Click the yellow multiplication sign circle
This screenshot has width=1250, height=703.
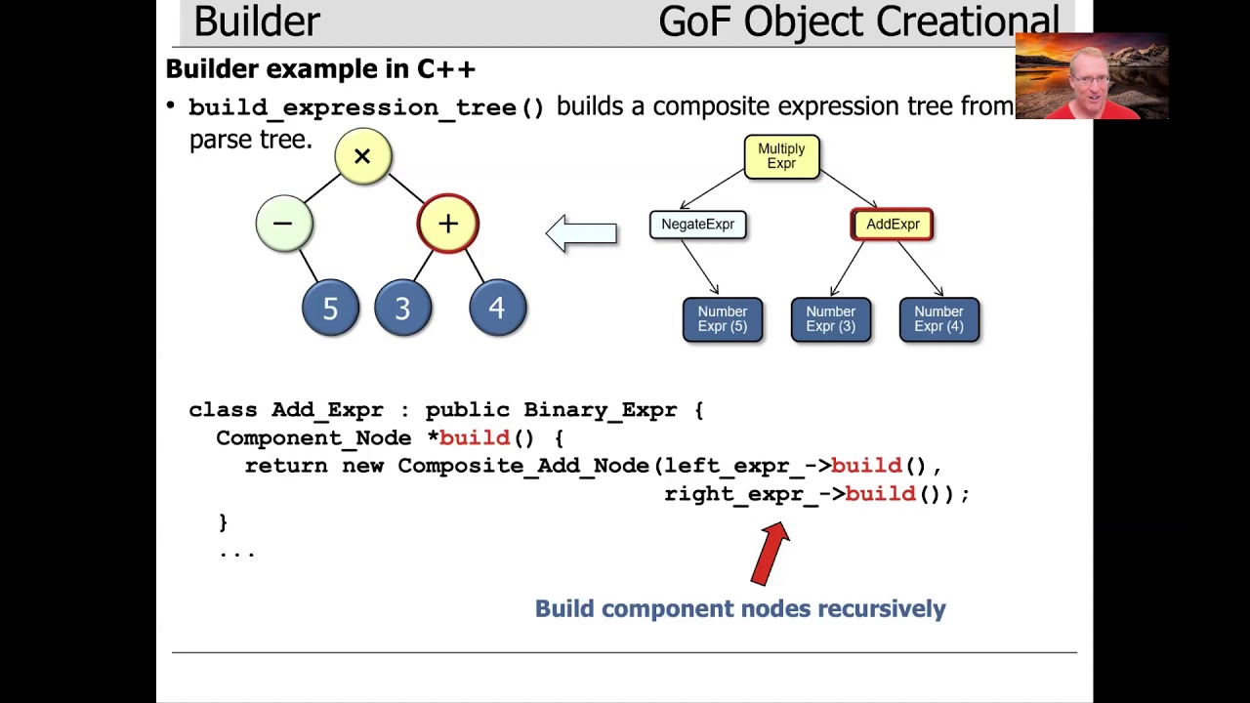click(x=362, y=156)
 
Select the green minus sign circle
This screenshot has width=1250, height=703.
click(x=283, y=224)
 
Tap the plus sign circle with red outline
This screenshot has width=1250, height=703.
click(x=448, y=224)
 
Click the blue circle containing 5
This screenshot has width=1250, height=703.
click(x=330, y=309)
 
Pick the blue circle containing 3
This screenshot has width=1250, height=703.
click(x=402, y=309)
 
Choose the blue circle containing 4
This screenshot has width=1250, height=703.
click(x=497, y=309)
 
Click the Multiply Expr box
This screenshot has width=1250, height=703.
click(x=781, y=156)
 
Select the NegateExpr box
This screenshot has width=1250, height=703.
click(x=697, y=225)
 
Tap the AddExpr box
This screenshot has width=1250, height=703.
click(x=893, y=225)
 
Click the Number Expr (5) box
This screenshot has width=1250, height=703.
click(x=723, y=319)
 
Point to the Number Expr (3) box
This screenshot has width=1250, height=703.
click(x=830, y=319)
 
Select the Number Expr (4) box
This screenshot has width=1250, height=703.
click(x=938, y=319)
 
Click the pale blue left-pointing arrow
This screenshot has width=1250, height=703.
click(x=582, y=233)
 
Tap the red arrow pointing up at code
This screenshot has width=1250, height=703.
click(x=771, y=553)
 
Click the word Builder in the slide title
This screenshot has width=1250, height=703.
click(x=257, y=21)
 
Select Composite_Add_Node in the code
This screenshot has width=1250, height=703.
click(x=523, y=466)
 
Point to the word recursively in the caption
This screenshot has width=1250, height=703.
click(x=881, y=608)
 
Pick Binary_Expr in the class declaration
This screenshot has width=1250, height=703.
click(x=600, y=410)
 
